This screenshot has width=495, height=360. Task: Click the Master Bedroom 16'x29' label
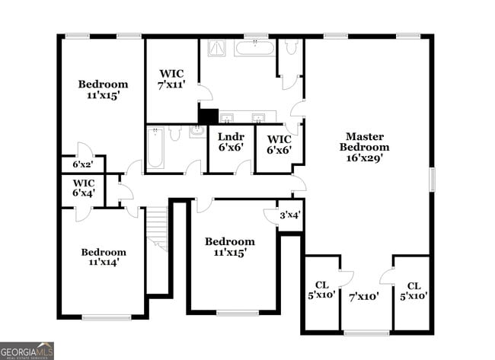pyautogui.click(x=364, y=148)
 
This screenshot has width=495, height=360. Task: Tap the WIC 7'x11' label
pyautogui.click(x=171, y=79)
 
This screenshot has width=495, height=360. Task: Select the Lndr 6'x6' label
pyautogui.click(x=230, y=142)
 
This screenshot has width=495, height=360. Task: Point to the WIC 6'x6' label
pyautogui.click(x=279, y=145)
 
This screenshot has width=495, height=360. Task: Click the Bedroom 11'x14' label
pyautogui.click(x=104, y=256)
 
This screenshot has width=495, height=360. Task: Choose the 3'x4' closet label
pyautogui.click(x=290, y=215)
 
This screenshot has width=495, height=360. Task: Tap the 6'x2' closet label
pyautogui.click(x=82, y=164)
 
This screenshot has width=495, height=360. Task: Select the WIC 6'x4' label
pyautogui.click(x=83, y=188)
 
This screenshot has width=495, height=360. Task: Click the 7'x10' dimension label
pyautogui.click(x=364, y=296)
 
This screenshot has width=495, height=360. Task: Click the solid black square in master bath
pyautogui.click(x=208, y=116)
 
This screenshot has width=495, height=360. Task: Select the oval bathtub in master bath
pyautogui.click(x=254, y=49)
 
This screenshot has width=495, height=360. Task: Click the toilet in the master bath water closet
pyautogui.click(x=290, y=48)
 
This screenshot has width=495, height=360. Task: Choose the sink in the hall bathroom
pyautogui.click(x=196, y=131)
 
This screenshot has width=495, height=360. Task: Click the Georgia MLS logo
pyautogui.click(x=27, y=350)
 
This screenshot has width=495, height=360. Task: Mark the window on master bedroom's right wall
pyautogui.click(x=432, y=180)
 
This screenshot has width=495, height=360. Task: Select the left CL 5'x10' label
pyautogui.click(x=321, y=291)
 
